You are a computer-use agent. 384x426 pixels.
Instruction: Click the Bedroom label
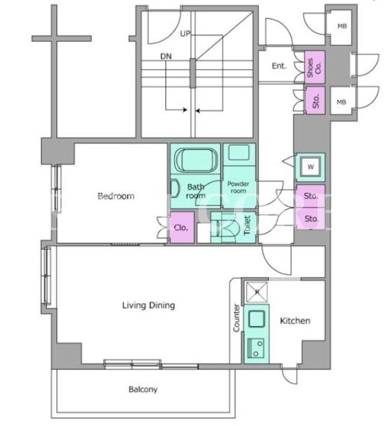pos(116,196)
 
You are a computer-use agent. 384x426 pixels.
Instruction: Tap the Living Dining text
pos(149,305)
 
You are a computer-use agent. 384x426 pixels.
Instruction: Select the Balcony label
pos(143,390)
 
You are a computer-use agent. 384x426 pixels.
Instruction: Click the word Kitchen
pos(295,321)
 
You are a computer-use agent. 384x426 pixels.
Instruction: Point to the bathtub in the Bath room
pos(195,160)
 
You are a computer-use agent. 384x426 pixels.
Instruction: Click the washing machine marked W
pos(311,167)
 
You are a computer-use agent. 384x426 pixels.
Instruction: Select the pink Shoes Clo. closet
pos(315,67)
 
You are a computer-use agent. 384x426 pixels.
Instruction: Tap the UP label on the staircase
pos(185,34)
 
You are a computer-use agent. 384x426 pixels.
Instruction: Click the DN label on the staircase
pos(166,56)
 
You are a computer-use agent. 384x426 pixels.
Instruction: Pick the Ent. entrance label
pos(279,66)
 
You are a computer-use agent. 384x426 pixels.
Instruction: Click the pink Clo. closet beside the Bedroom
pos(182,227)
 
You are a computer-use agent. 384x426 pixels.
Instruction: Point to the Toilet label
pos(248,225)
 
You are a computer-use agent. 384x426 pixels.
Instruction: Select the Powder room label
pos(238,187)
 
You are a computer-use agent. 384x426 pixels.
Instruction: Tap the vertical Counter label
pos(237,318)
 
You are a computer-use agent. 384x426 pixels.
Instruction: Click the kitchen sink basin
pos(256,318)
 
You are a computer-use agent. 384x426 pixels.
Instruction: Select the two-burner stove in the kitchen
pos(256,348)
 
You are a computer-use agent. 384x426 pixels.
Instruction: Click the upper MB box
pos(342,27)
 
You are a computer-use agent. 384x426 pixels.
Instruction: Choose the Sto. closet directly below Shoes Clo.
pos(315,101)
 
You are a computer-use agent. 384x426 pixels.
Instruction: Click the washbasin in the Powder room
pos(239,152)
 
